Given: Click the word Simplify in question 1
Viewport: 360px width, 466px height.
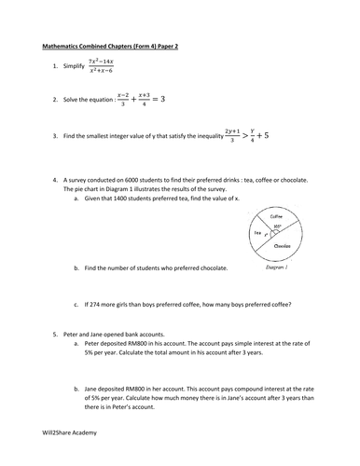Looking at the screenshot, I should click(68, 66).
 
